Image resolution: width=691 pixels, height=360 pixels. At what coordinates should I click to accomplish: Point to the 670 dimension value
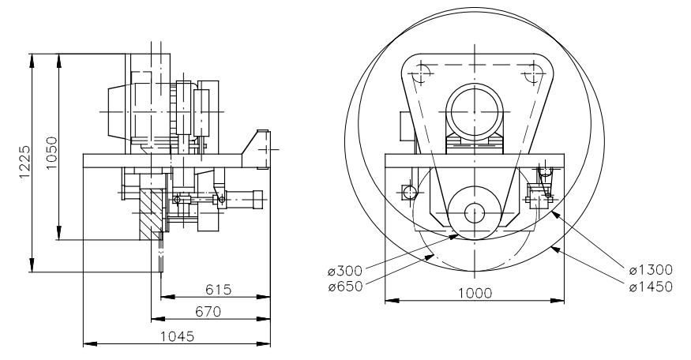point(207,312)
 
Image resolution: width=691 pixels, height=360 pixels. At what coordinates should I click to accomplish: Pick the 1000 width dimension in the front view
point(474,292)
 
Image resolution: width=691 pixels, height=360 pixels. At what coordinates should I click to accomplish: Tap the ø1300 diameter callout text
point(651,272)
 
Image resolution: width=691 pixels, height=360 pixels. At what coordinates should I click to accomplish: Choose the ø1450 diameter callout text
point(651,286)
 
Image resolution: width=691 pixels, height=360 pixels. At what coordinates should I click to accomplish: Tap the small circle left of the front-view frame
point(407,193)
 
